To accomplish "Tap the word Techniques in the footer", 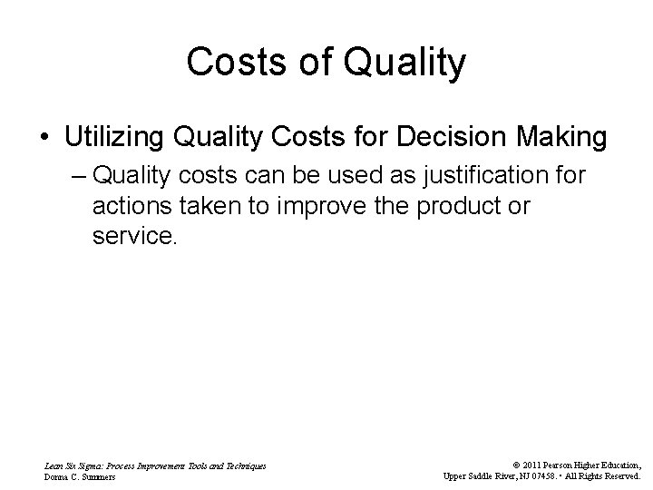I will click(245, 465).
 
